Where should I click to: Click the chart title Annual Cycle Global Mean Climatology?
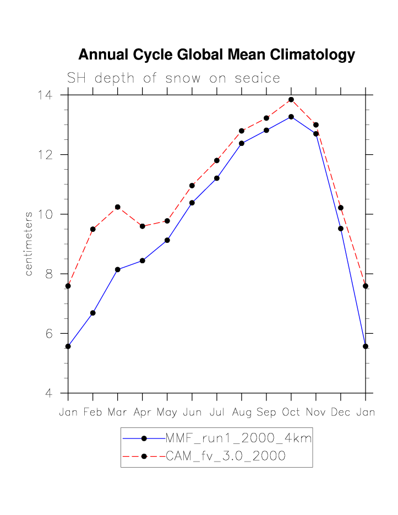click(x=216, y=55)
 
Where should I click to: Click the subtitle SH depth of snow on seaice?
click(x=173, y=78)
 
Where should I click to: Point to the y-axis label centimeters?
click(x=29, y=243)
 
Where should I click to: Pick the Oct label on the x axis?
click(x=291, y=413)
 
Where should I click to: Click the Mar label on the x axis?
click(x=118, y=413)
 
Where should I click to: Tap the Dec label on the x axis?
click(x=341, y=413)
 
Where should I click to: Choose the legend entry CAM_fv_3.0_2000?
click(x=225, y=456)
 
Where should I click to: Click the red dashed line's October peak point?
click(x=291, y=100)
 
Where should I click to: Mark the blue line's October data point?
click(x=291, y=117)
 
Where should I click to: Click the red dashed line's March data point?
click(x=118, y=207)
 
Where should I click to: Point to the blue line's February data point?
click(x=93, y=313)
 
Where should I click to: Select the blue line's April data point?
click(x=143, y=261)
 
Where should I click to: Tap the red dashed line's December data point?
click(x=341, y=208)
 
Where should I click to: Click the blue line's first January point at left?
click(x=68, y=346)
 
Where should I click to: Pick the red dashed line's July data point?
click(x=217, y=161)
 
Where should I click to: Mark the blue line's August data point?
click(x=242, y=143)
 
